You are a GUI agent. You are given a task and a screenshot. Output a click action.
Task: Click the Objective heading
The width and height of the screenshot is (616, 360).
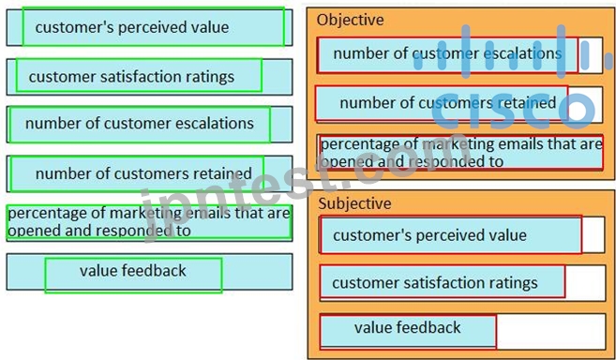(350, 20)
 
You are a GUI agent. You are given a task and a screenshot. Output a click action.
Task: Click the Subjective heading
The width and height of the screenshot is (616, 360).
(354, 203)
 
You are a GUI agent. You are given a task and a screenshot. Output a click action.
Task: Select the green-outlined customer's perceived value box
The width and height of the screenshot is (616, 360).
(153, 27)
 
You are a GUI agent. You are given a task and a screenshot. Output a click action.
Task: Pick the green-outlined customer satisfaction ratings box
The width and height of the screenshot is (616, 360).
(139, 75)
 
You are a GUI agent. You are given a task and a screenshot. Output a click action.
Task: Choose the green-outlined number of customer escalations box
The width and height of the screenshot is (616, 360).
(140, 124)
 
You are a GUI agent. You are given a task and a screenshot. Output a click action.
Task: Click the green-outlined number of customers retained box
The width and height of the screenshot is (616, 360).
(137, 173)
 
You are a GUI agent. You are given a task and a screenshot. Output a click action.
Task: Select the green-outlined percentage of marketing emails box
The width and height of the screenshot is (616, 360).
(149, 222)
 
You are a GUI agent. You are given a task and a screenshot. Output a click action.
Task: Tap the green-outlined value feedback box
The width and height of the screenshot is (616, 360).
(133, 275)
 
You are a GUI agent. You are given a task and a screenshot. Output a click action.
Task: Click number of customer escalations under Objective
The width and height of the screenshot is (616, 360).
(447, 55)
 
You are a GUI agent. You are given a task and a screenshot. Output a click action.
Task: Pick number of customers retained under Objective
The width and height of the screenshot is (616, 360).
(442, 103)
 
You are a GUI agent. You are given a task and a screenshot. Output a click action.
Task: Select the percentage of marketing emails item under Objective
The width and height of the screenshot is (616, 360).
(461, 153)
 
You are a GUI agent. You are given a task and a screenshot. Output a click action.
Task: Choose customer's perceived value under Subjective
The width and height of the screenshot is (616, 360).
(451, 234)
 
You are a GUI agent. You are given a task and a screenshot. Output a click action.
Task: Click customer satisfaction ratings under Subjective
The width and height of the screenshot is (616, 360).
(443, 281)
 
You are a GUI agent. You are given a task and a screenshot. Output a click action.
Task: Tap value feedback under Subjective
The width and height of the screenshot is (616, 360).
(408, 331)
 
